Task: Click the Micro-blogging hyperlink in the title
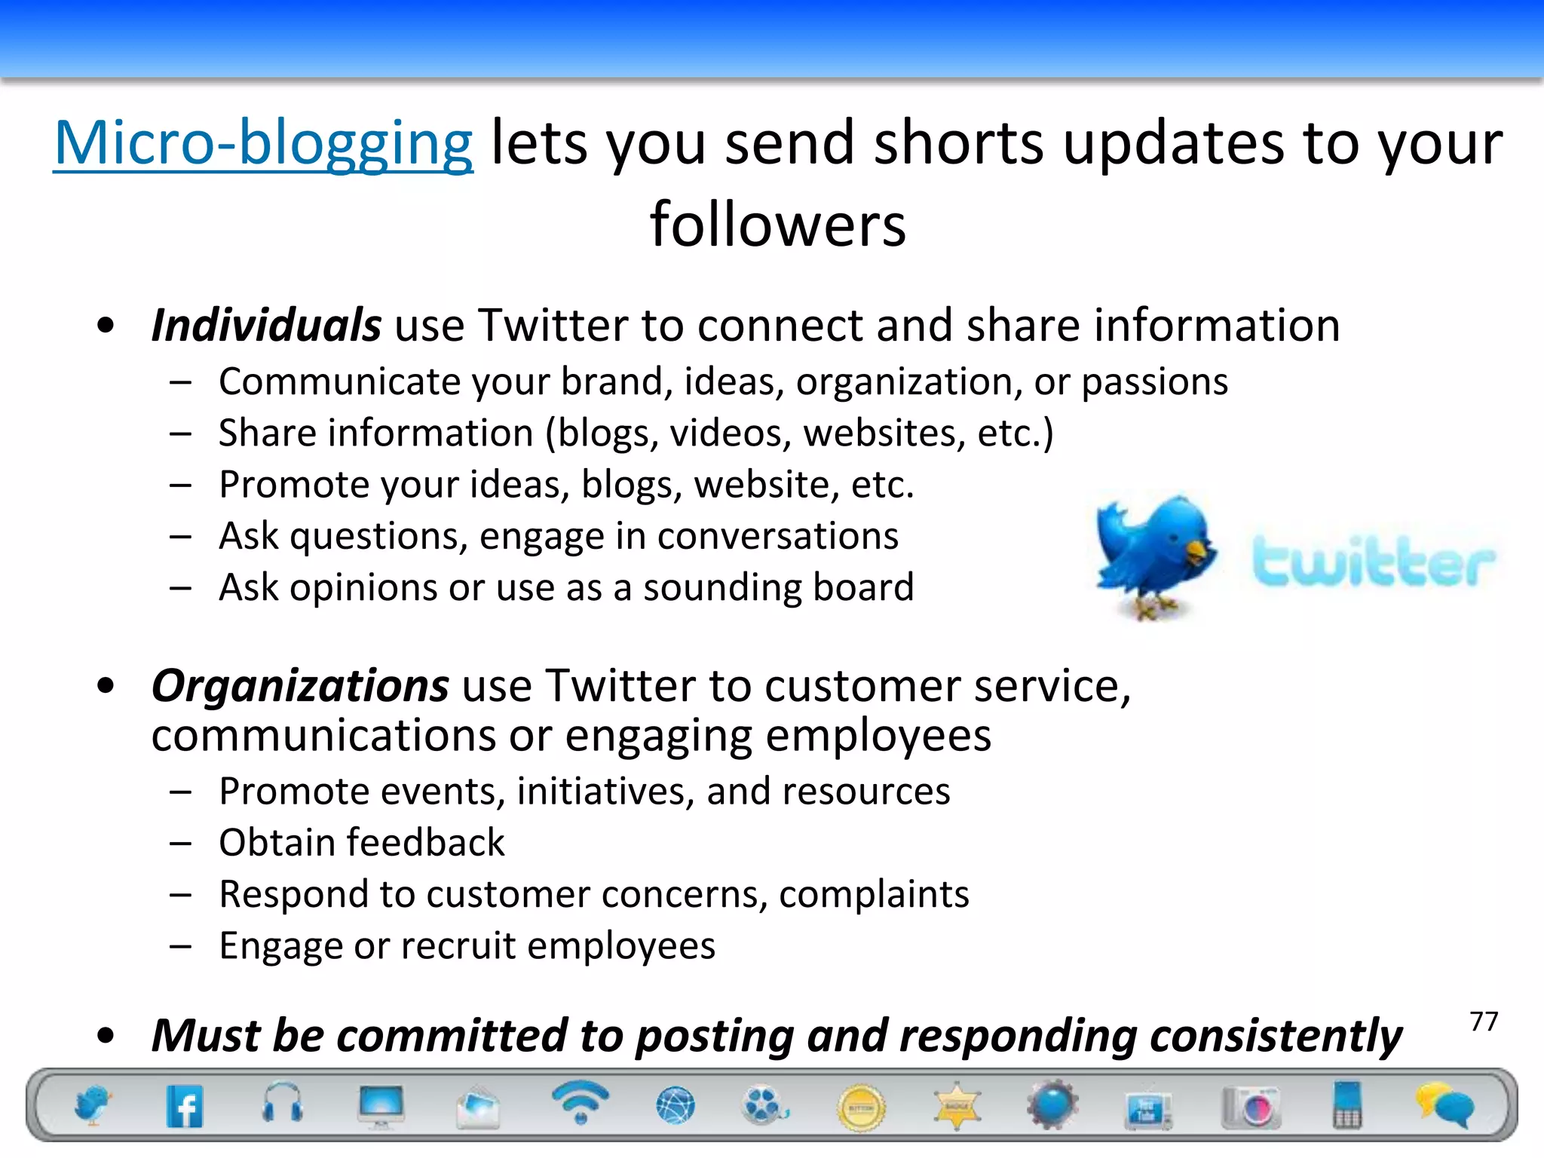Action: point(263,143)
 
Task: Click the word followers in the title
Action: point(778,225)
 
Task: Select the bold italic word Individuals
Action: point(266,326)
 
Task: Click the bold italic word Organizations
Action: point(300,686)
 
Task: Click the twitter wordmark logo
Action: point(1373,562)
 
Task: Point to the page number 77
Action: point(1484,1022)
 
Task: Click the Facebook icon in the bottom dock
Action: point(185,1107)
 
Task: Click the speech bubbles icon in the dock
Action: point(1444,1105)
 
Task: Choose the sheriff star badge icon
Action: point(957,1107)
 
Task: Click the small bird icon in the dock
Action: point(92,1105)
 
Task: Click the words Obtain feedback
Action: point(361,843)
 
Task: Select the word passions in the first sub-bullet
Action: point(1154,382)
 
